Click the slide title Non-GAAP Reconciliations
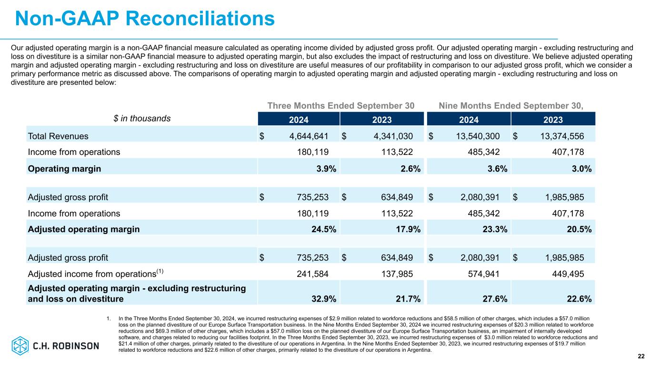(x=145, y=19)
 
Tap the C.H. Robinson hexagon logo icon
(x=20, y=346)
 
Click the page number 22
(x=641, y=356)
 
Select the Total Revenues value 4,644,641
(x=309, y=136)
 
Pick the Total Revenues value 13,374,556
(x=562, y=136)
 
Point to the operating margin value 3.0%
(x=581, y=169)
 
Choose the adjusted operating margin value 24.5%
(x=324, y=229)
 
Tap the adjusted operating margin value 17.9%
(x=408, y=229)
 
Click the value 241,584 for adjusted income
(x=312, y=274)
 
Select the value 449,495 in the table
(x=568, y=274)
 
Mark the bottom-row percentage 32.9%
(x=324, y=299)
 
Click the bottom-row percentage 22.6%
(x=579, y=299)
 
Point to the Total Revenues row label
(x=58, y=136)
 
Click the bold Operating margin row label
(x=64, y=169)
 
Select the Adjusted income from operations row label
(x=92, y=274)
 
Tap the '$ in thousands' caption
(x=142, y=119)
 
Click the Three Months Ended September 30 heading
(x=340, y=106)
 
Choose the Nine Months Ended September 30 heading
(x=510, y=106)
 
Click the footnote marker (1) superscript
(x=160, y=271)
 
